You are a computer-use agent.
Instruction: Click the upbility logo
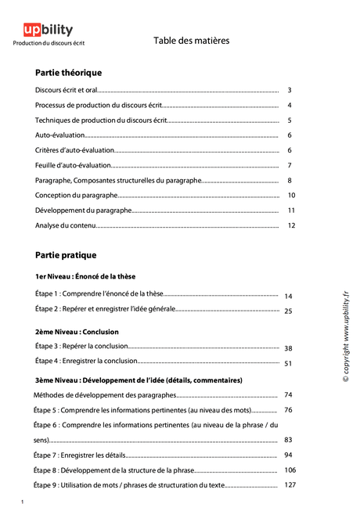pos(49,30)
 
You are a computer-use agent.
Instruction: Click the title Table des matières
pos(192,41)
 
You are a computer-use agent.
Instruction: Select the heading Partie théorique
pos(69,73)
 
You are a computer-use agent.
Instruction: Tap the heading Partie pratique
pos(66,255)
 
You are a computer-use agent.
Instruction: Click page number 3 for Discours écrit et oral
pos(290,91)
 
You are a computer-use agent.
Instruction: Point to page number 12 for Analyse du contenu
pos(291,225)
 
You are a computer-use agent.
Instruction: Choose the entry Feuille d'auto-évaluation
pos(74,165)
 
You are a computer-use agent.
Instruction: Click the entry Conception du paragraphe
pos(77,195)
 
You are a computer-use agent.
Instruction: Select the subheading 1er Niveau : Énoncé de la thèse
pos(85,276)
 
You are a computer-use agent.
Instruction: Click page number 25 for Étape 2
pos(288,311)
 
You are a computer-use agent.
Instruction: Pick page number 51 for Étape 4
pos(288,363)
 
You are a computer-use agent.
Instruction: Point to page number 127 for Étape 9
pos(290,485)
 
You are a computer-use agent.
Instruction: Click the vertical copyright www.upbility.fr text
pos(345,336)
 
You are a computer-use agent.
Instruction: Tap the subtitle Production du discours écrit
pos(49,44)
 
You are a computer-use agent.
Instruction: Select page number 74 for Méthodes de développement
pos(288,395)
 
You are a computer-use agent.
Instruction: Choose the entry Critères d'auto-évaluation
pos(74,150)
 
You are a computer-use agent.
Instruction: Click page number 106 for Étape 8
pos(290,470)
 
